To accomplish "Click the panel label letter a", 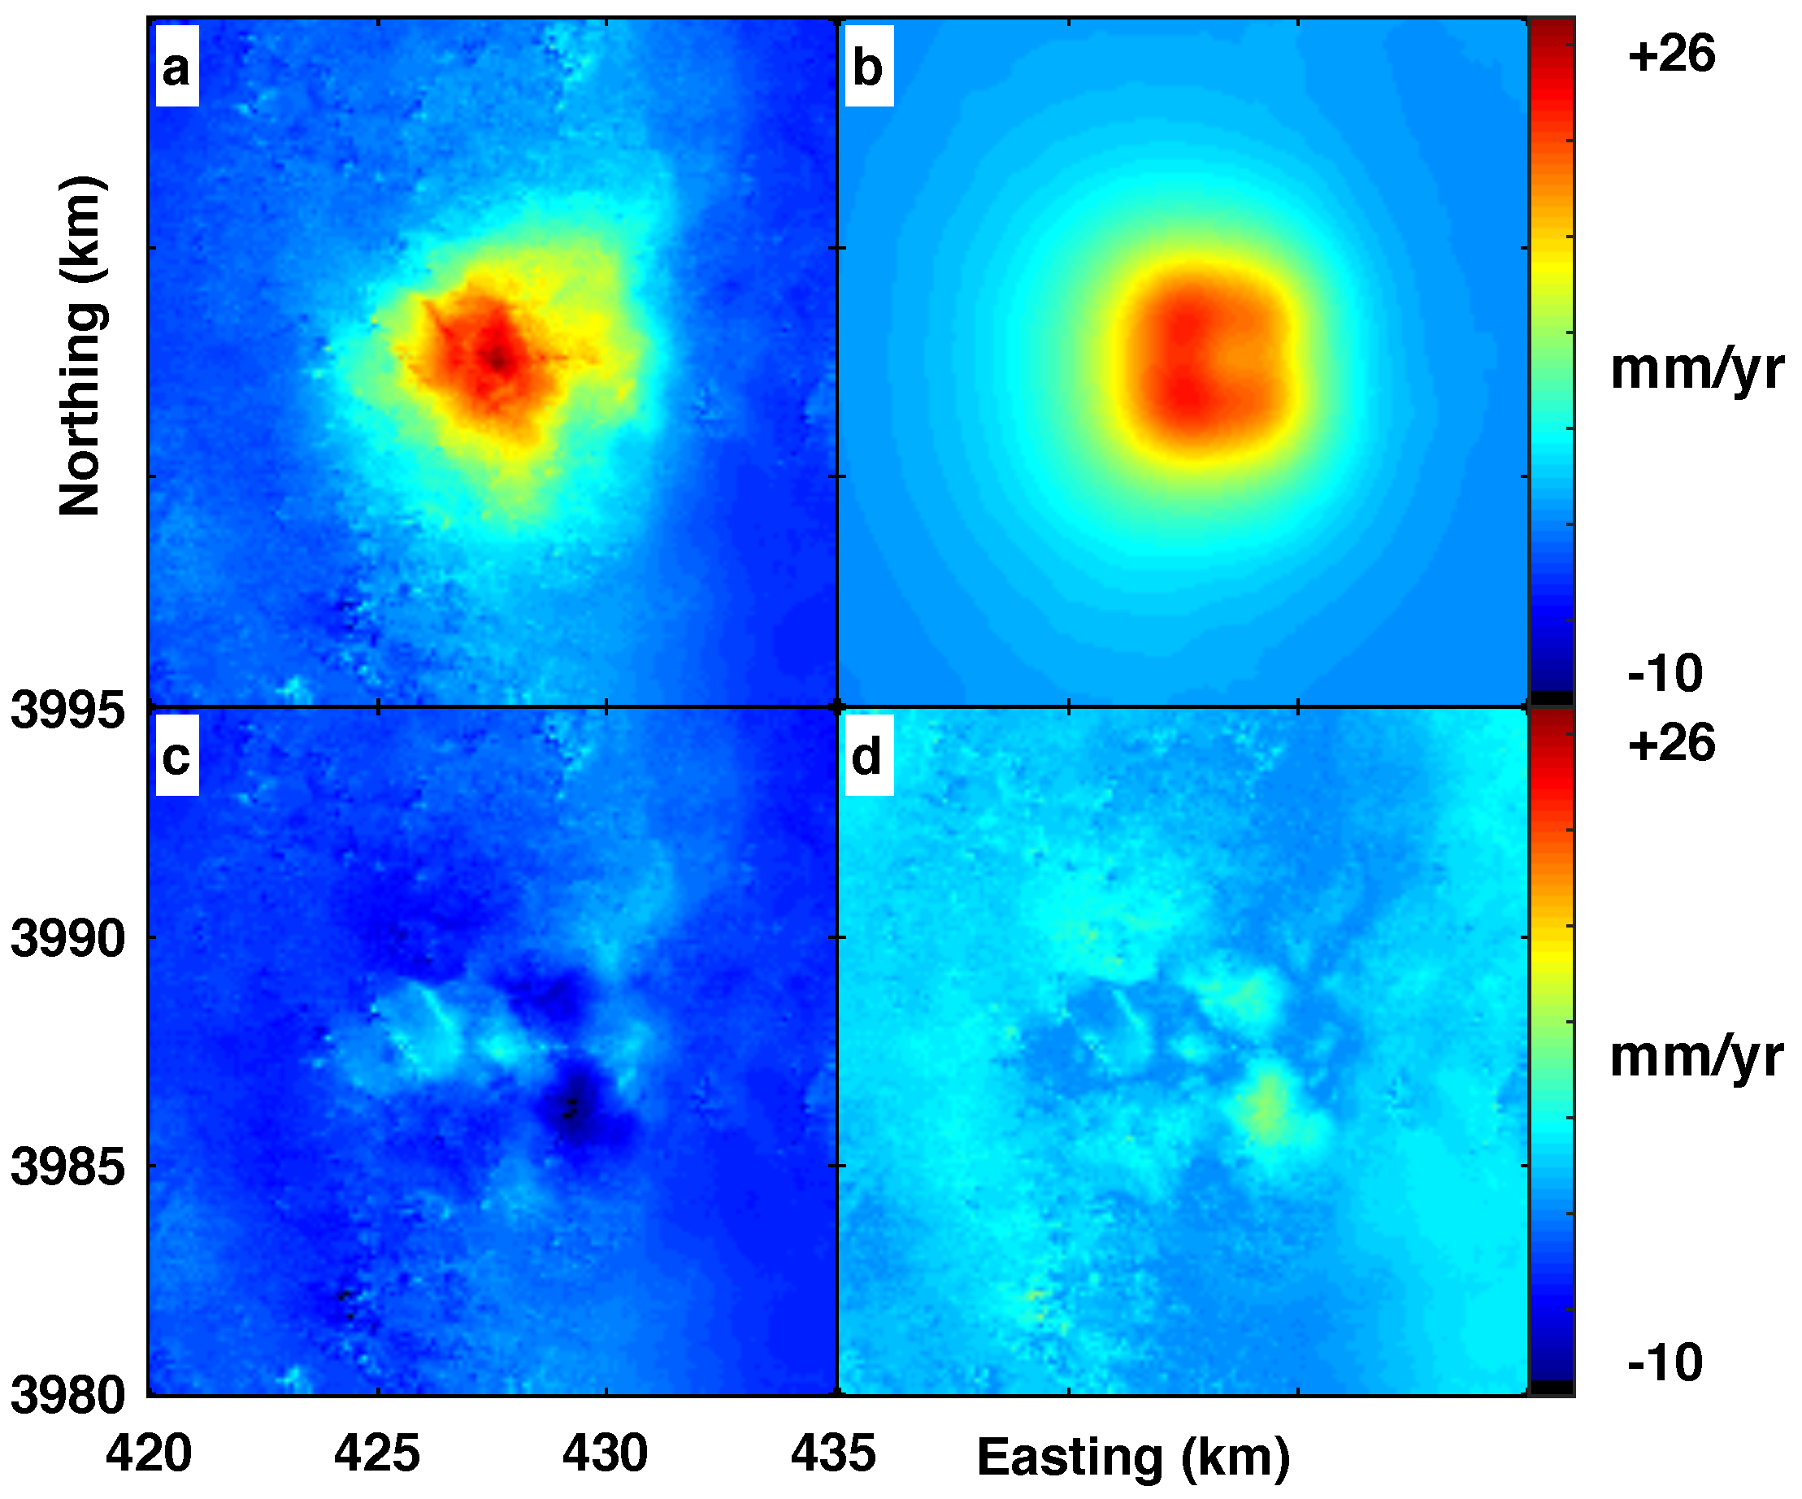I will click(x=176, y=67).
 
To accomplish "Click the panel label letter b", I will click(x=867, y=67).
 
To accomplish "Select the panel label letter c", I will click(x=176, y=758).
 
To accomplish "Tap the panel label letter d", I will click(x=867, y=758).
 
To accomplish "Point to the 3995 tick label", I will click(x=67, y=711).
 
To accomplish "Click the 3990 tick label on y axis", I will click(x=67, y=939).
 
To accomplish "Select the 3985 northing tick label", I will click(x=67, y=1167).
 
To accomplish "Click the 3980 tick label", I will click(x=67, y=1395).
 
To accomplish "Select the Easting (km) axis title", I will click(x=1133, y=1457).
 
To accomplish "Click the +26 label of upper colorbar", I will click(x=1670, y=55).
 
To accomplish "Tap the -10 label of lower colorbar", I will click(x=1665, y=1362).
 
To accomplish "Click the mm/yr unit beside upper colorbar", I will click(x=1696, y=370).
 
